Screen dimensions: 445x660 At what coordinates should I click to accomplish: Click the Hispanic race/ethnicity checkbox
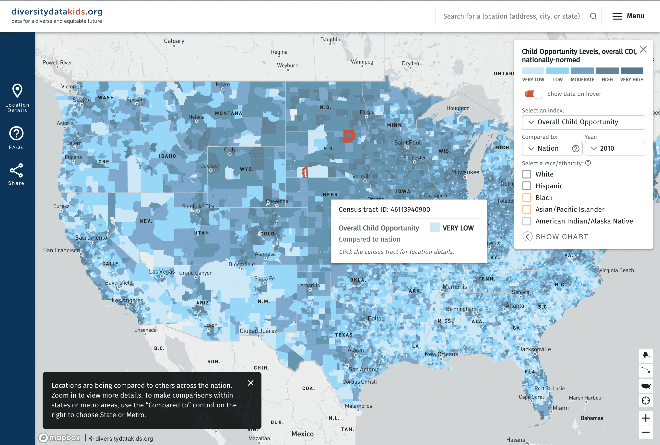(x=527, y=186)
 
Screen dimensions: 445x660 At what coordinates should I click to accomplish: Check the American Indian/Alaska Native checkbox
(x=527, y=221)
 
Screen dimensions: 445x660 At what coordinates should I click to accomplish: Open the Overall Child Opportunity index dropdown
(x=583, y=122)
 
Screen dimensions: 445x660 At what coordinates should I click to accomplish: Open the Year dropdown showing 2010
(x=614, y=148)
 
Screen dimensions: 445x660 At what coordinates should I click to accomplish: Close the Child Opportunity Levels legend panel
(x=643, y=50)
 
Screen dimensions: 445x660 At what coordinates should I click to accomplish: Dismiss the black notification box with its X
(x=250, y=383)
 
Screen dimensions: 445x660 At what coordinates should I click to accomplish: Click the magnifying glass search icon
(x=593, y=16)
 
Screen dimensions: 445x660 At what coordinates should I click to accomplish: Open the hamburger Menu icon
(x=617, y=16)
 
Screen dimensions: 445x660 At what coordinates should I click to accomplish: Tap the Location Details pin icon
(x=17, y=91)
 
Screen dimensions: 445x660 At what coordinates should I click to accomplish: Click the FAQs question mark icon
(x=16, y=133)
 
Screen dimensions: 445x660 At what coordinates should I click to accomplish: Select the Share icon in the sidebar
(x=16, y=170)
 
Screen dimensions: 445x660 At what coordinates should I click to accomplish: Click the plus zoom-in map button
(x=646, y=418)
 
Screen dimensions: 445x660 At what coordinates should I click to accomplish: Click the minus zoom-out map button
(x=646, y=432)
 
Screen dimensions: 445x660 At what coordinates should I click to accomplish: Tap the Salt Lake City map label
(x=198, y=206)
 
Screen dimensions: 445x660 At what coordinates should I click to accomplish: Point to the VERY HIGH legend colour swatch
(x=632, y=71)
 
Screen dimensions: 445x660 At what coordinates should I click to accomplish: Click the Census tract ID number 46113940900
(x=410, y=209)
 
